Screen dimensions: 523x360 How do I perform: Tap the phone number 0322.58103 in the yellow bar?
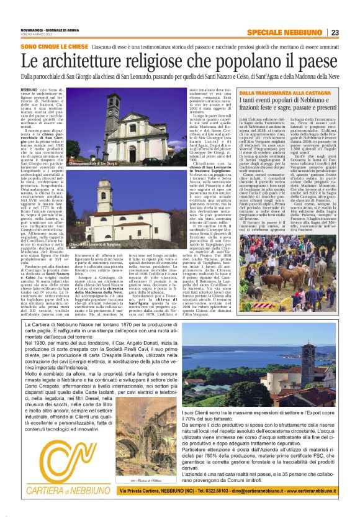pos(223,497)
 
